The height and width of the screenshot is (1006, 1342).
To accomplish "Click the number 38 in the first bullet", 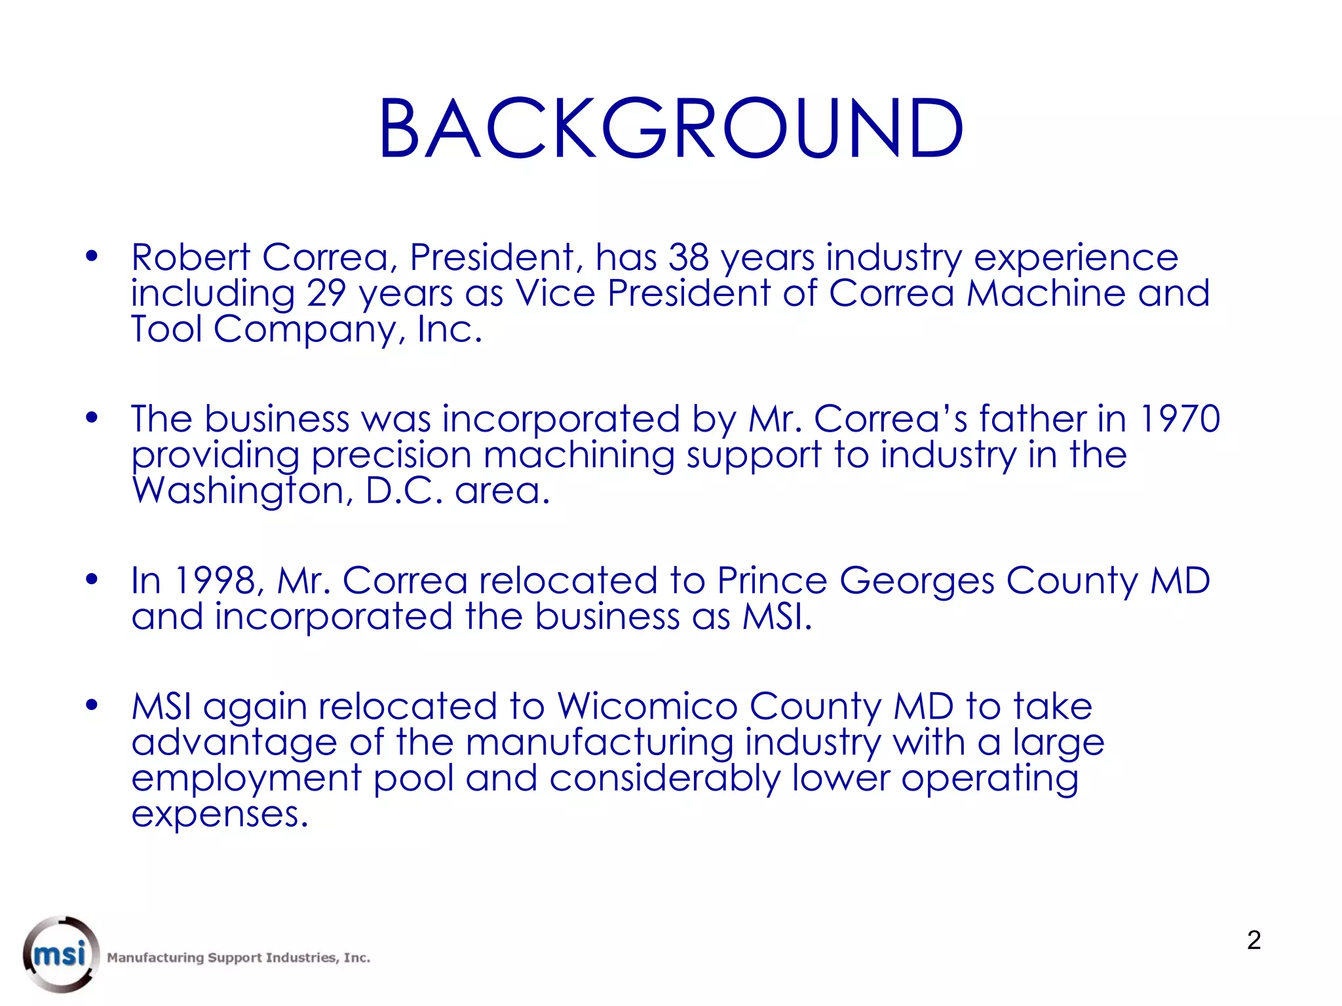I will [688, 257].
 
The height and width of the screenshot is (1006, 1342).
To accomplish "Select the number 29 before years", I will [326, 293].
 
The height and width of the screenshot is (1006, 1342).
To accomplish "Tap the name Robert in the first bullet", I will [191, 257].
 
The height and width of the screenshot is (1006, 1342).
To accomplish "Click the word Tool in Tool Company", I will [166, 329].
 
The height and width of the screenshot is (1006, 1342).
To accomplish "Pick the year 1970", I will [1179, 419].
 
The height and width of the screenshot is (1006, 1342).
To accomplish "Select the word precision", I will [391, 456].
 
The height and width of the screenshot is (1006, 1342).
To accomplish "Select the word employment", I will [246, 779].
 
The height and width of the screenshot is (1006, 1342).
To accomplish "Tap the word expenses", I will [220, 815].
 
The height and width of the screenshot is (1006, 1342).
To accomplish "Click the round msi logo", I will [61, 954].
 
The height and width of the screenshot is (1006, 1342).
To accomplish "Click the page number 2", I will [1254, 941].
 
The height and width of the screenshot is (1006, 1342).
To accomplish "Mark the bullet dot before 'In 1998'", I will [92, 579].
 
